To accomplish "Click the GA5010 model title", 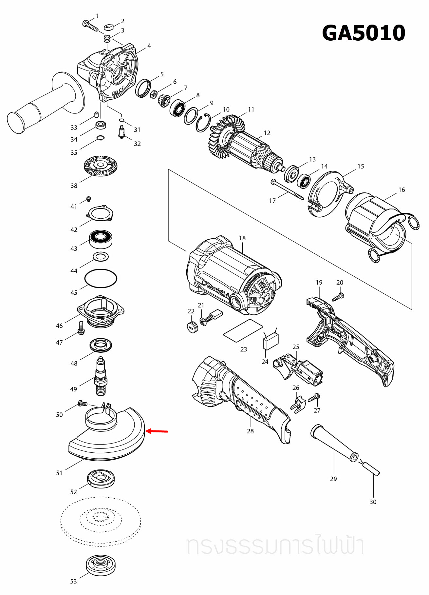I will [364, 33].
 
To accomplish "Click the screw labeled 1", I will [90, 26].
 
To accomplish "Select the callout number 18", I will [242, 238].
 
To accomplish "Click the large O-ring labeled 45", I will [101, 278].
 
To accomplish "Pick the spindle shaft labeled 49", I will [101, 377].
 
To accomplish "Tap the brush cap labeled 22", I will [192, 327].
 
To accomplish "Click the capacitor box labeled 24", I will [271, 342].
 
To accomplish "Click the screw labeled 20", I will [338, 297].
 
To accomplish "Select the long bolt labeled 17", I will [287, 190].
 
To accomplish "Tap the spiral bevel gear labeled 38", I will [101, 166].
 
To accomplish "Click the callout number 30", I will [373, 502].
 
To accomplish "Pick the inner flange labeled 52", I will [101, 479].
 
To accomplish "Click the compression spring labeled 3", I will [107, 39].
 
